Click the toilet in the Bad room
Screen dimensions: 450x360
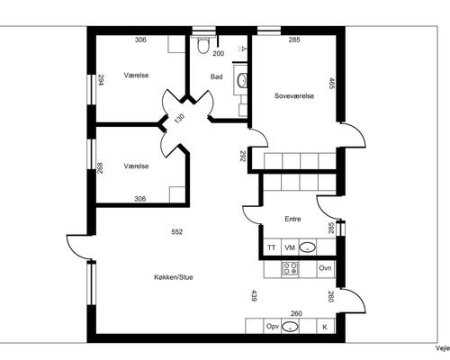tap(203, 45)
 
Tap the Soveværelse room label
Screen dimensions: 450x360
tap(294, 96)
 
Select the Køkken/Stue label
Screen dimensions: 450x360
tap(174, 277)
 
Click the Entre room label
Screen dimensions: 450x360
tap(292, 219)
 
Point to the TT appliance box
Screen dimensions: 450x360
tap(272, 247)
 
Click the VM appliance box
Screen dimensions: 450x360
tap(290, 247)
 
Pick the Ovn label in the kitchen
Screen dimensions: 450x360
tap(325, 267)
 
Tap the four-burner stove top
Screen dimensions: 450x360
tap(290, 269)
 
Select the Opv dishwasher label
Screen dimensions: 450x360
tap(273, 326)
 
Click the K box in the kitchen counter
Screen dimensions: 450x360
tap(326, 326)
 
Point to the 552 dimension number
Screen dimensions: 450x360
tap(177, 232)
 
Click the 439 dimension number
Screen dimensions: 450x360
tap(254, 295)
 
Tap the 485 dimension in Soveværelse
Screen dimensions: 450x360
tap(331, 84)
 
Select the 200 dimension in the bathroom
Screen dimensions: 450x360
tap(219, 53)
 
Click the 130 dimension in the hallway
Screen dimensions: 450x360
tap(179, 119)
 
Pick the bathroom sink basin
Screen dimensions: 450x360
tap(241, 80)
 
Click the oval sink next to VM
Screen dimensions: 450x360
tap(308, 247)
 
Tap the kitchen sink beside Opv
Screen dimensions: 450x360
tap(291, 327)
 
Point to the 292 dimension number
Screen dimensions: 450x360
tap(243, 156)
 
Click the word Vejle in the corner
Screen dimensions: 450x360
tap(443, 347)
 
